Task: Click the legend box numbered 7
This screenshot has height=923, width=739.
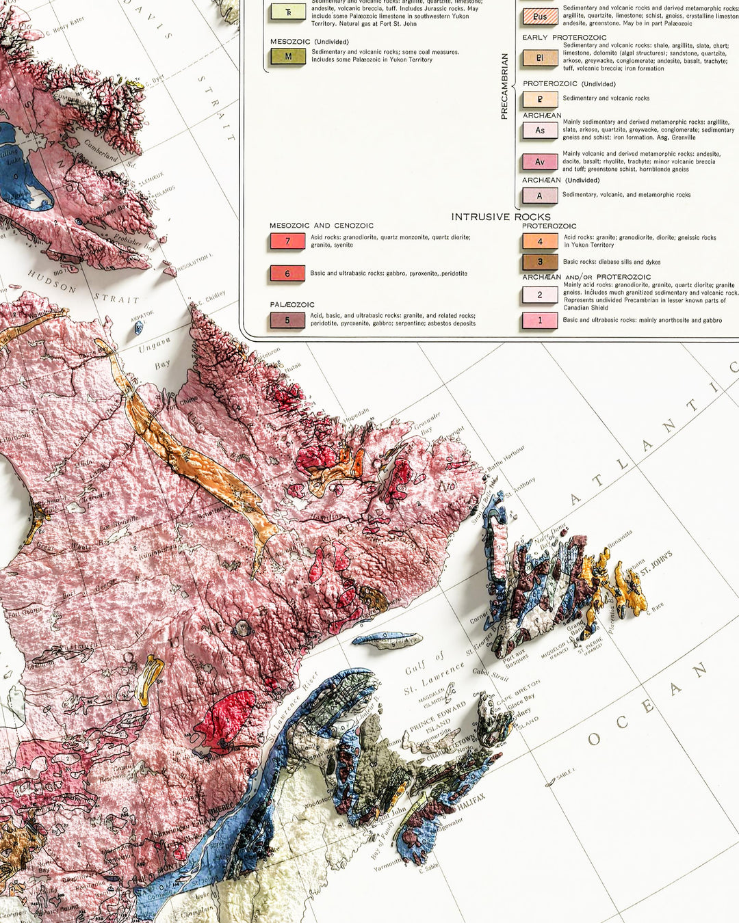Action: click(287, 241)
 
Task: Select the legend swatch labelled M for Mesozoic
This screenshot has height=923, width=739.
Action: click(287, 57)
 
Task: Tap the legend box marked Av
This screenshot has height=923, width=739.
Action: click(540, 162)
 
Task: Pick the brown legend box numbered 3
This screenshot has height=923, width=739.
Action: click(540, 262)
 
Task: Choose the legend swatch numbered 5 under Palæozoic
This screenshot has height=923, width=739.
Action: click(287, 320)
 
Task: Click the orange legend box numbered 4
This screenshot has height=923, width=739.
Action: click(540, 241)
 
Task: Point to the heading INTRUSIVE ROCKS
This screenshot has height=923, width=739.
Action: click(501, 217)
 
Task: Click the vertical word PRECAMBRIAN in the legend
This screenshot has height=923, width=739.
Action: click(504, 87)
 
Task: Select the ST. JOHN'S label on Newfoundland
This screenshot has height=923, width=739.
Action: click(657, 563)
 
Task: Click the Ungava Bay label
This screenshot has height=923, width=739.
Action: click(155, 356)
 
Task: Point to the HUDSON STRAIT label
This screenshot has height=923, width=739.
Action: click(82, 286)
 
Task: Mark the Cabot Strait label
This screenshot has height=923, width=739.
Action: click(491, 675)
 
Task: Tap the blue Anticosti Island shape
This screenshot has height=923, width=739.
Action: click(386, 640)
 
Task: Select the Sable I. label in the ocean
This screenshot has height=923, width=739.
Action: click(565, 773)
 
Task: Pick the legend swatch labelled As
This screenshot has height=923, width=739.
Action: click(540, 130)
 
